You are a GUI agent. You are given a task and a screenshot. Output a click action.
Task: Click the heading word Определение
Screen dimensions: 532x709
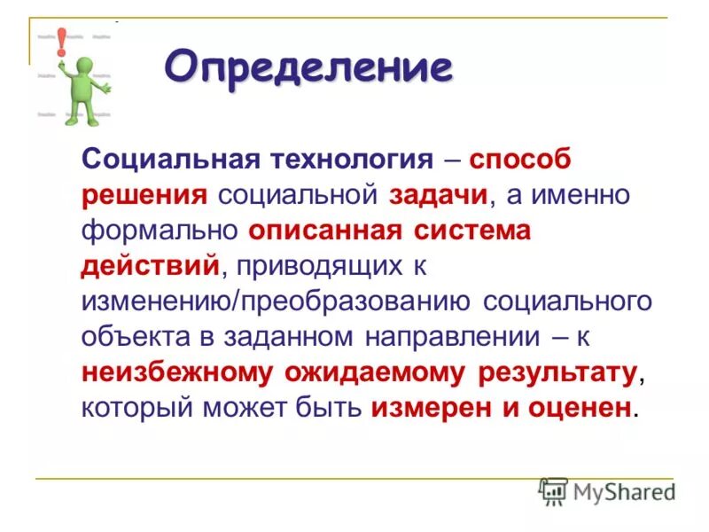click(x=308, y=67)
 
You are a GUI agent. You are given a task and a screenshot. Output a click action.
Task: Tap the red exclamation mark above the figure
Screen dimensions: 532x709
click(x=61, y=40)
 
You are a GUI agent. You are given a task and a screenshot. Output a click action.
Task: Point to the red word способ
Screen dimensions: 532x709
click(x=520, y=160)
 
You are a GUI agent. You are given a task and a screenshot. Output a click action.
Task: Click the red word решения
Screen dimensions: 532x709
click(x=144, y=195)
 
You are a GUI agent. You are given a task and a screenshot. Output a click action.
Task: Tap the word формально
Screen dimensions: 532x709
click(x=160, y=231)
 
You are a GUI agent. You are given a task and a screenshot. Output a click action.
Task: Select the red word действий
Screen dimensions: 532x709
click(x=150, y=266)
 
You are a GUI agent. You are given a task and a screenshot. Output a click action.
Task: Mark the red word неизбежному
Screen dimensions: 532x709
click(x=177, y=372)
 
